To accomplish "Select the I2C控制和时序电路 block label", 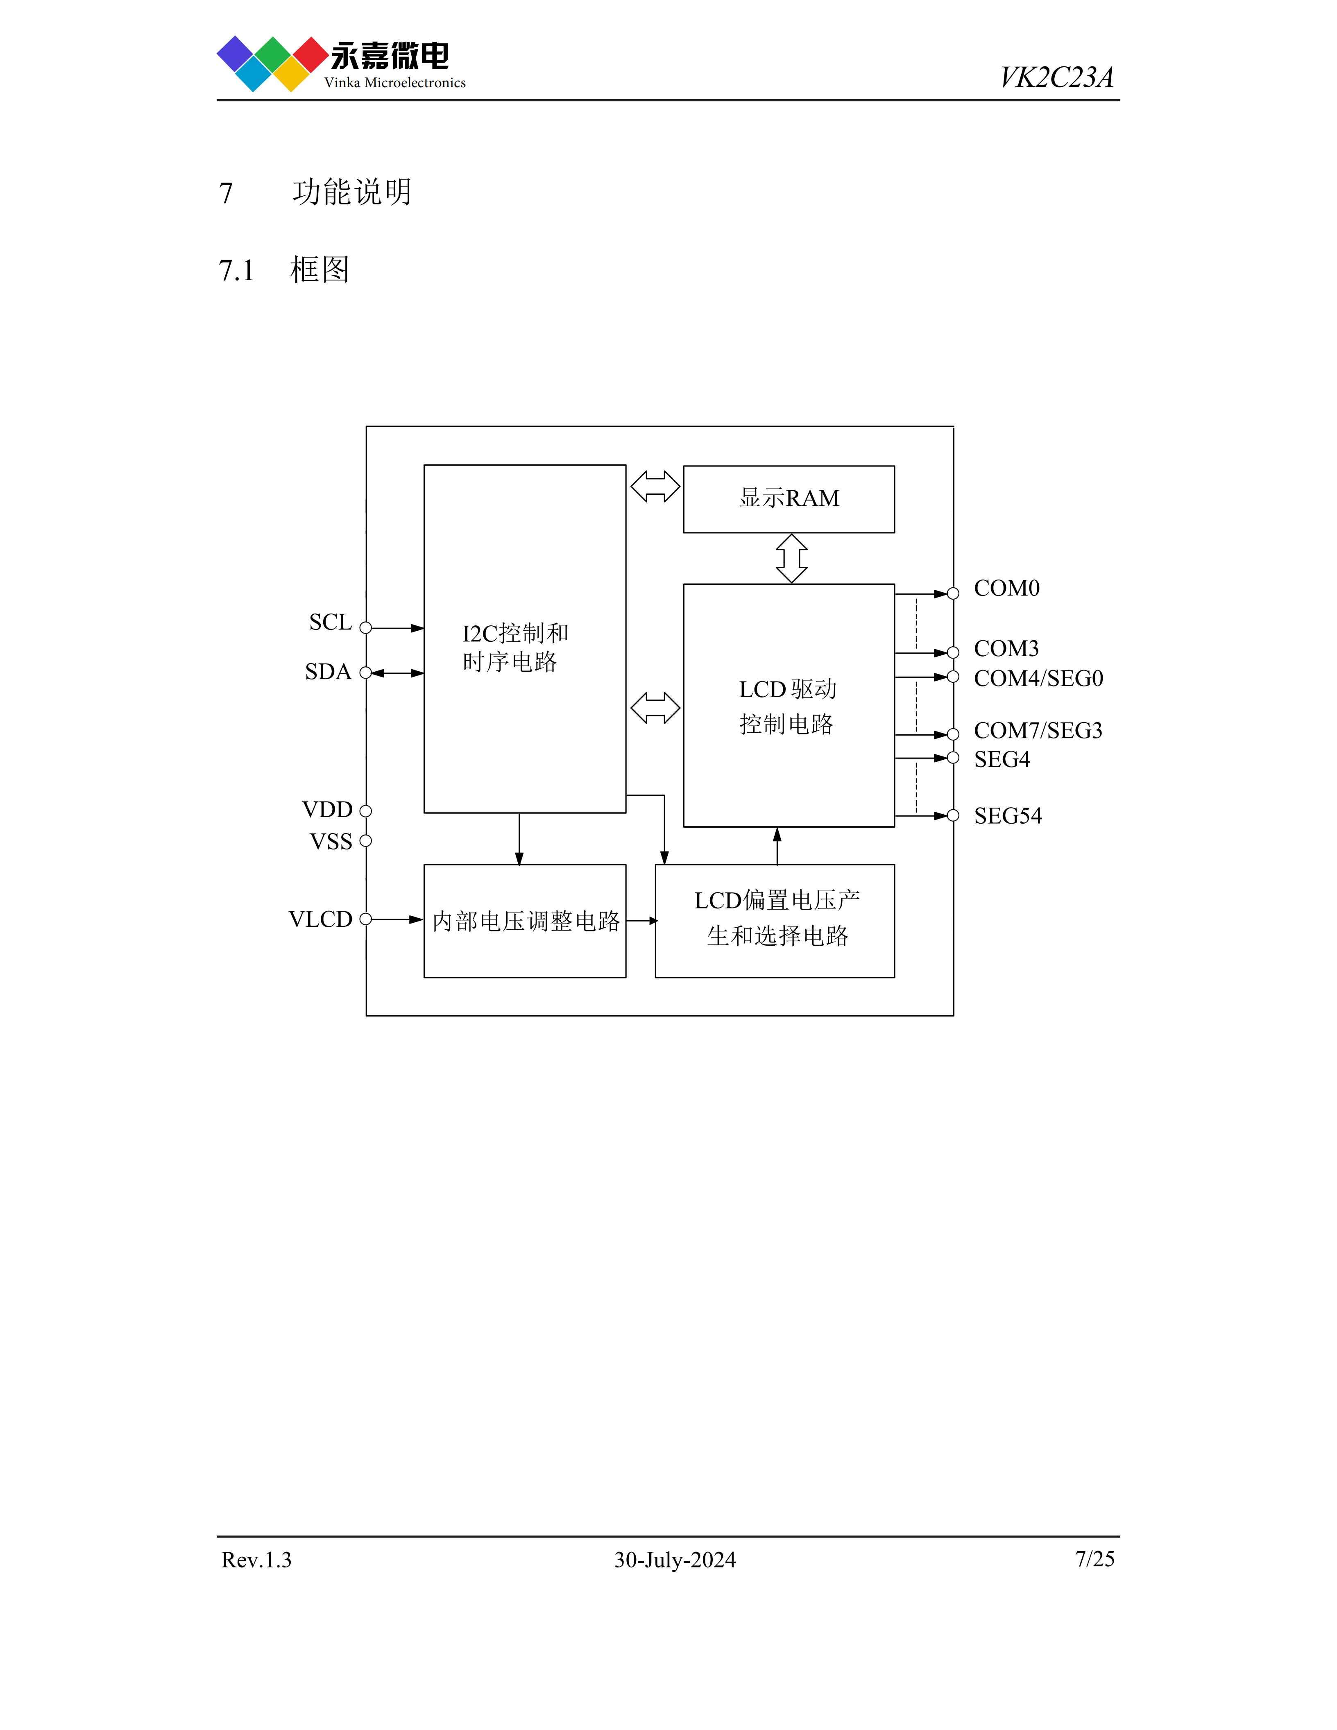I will coord(515,647).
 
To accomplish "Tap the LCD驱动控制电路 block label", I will coord(787,706).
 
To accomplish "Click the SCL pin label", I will coord(330,623).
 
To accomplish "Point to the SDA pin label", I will coord(328,672).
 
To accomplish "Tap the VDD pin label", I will coord(327,810).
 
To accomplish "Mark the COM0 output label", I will coord(1006,589).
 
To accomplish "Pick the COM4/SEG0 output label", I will coord(1038,678).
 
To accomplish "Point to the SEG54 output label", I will coord(1008,816).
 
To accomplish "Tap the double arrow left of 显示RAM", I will coord(655,487).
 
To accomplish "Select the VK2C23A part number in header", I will coord(1056,78).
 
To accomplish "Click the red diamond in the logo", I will coord(310,54).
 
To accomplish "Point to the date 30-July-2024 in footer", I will coord(675,1560).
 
